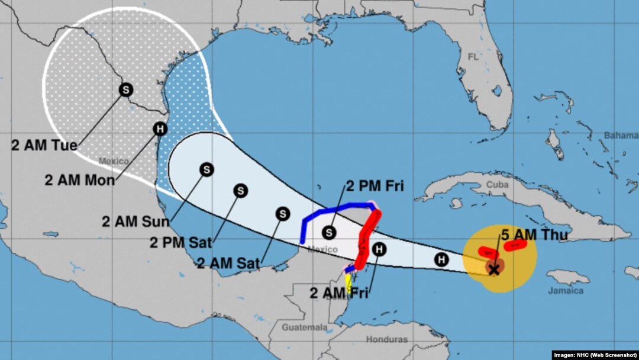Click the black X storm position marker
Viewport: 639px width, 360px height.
[x=495, y=269]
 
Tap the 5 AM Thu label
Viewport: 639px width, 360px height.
[x=534, y=234]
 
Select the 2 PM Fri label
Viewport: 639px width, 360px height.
[x=374, y=187]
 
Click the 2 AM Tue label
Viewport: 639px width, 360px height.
[x=44, y=144]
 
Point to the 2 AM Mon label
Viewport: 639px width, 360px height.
[x=80, y=180]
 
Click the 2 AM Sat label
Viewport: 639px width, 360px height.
[x=228, y=263]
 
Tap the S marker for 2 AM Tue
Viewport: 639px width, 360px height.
[x=126, y=89]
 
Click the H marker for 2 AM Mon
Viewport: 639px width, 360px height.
[x=160, y=128]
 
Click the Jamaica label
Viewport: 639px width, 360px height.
[x=564, y=291]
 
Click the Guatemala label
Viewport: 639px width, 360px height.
[x=305, y=327]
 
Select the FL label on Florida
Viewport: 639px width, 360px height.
[x=473, y=57]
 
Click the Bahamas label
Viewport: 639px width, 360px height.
[x=621, y=136]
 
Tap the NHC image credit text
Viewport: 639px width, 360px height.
[x=595, y=355]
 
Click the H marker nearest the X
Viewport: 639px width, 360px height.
[x=441, y=259]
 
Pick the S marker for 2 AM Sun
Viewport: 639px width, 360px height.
[x=206, y=169]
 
